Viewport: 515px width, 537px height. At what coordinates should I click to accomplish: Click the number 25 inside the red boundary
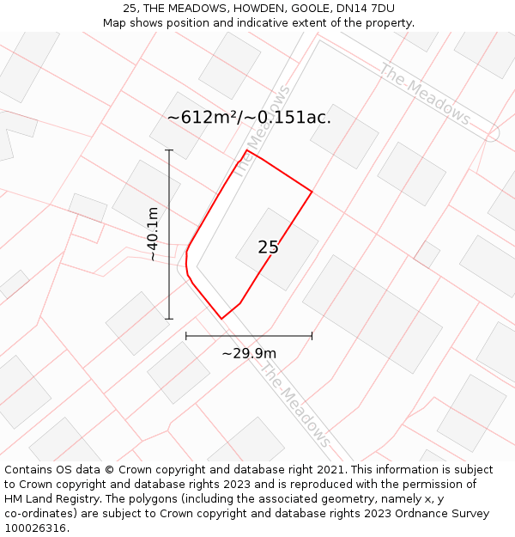coord(268,247)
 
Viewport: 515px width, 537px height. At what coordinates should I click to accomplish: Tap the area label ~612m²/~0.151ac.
coord(249,118)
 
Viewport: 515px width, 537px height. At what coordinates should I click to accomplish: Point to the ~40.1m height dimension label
coord(153,234)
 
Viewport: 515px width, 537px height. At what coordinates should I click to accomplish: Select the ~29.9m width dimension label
coord(249,353)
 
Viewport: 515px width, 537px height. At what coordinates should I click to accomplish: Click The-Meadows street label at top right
coord(425,94)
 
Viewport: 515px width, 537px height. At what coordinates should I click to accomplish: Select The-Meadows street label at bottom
coord(295,404)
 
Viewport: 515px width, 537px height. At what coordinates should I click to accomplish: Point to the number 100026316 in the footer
coord(36,528)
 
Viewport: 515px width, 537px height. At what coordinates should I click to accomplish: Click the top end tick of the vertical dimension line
coord(169,150)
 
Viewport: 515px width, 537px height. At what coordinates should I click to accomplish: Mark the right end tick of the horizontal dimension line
coord(312,336)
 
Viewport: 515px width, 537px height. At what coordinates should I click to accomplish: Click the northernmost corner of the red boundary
coord(247,150)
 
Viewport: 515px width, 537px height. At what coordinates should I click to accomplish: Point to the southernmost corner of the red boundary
coord(221,319)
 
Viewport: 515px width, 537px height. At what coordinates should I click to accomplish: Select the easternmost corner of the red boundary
coord(312,192)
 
